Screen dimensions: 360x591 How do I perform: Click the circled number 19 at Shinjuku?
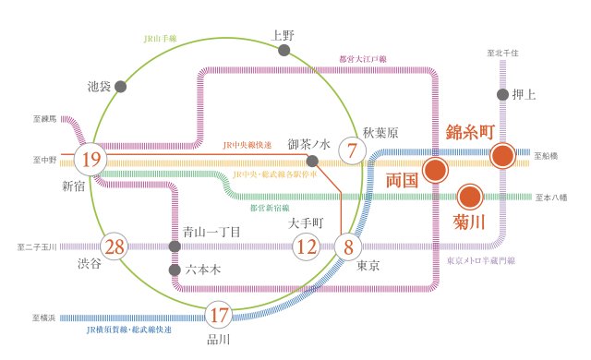[x=90, y=160]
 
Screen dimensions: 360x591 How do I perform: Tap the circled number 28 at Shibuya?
[x=115, y=246]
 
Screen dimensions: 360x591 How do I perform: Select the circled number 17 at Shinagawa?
[x=219, y=315]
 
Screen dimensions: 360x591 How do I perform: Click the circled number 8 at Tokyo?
[x=348, y=246]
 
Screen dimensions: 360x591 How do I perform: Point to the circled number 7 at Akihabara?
[x=352, y=150]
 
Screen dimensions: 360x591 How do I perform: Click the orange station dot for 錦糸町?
[x=503, y=155]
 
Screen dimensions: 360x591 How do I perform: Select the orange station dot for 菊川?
[x=469, y=197]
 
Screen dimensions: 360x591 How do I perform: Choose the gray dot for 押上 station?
[x=503, y=94]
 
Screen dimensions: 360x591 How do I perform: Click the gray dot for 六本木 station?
[x=175, y=270]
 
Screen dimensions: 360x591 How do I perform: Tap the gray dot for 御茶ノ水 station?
[x=312, y=161]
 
